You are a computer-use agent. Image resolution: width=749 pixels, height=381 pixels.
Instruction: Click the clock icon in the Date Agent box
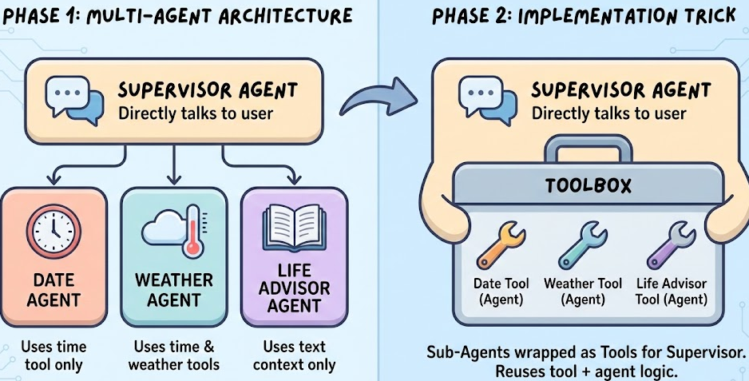click(54, 230)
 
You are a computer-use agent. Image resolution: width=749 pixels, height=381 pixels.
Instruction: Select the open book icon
click(293, 230)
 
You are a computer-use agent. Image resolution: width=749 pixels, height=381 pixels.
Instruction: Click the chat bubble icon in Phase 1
click(74, 100)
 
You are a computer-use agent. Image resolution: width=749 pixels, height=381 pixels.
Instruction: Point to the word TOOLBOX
click(588, 186)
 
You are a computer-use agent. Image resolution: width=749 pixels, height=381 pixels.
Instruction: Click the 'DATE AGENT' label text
click(54, 290)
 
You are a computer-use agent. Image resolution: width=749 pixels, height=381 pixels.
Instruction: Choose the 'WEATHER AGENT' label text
click(173, 290)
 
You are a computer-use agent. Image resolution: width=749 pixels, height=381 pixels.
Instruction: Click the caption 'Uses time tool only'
click(54, 356)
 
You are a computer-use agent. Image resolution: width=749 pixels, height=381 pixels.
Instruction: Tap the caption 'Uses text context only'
click(293, 356)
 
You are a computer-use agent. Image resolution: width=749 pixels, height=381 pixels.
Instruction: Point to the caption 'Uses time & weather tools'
click(174, 356)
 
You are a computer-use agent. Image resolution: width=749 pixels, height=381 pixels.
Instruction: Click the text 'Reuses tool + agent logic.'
click(587, 371)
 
